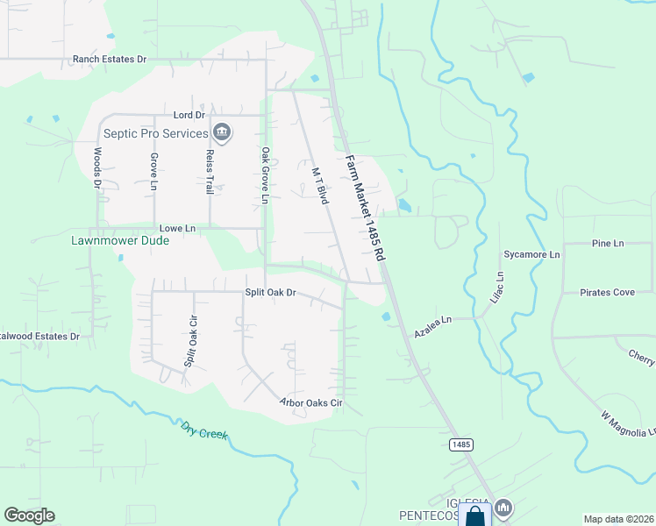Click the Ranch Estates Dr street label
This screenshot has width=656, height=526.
111,60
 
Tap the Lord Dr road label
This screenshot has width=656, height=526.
189,115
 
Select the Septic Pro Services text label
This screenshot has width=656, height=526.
155,133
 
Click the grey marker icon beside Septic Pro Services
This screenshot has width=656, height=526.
222,132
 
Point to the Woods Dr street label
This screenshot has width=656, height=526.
96,167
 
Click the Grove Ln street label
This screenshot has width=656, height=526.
153,173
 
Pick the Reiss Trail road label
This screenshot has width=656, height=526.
210,171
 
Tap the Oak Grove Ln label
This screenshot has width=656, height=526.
264,175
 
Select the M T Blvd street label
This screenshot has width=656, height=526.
320,186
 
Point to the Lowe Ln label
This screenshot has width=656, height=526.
176,228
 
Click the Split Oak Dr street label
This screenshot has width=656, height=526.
270,291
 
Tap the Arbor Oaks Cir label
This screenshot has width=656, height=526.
310,403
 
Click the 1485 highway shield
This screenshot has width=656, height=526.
461,444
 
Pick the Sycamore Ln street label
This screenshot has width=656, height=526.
531,254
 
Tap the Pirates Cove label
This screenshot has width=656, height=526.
607,292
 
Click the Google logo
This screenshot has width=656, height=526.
30,515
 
